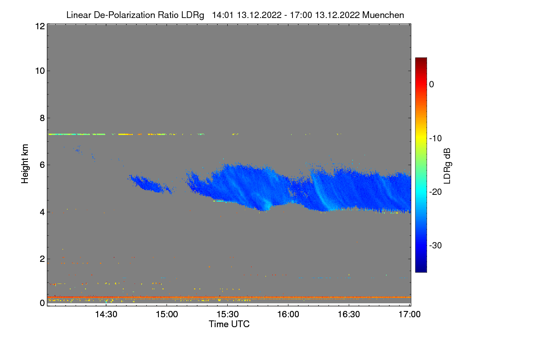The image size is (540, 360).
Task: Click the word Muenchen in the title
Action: click(383, 15)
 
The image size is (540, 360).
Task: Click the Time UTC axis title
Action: click(229, 324)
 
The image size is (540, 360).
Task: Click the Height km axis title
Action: click(26, 164)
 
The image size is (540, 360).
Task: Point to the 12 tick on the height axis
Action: click(39, 26)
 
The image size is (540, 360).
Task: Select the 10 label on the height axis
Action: click(39, 71)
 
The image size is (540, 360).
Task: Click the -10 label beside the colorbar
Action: click(437, 138)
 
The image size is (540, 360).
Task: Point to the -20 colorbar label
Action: click(437, 192)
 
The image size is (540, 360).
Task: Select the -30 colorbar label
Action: click(437, 246)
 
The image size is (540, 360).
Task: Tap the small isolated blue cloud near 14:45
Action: click(150, 184)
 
